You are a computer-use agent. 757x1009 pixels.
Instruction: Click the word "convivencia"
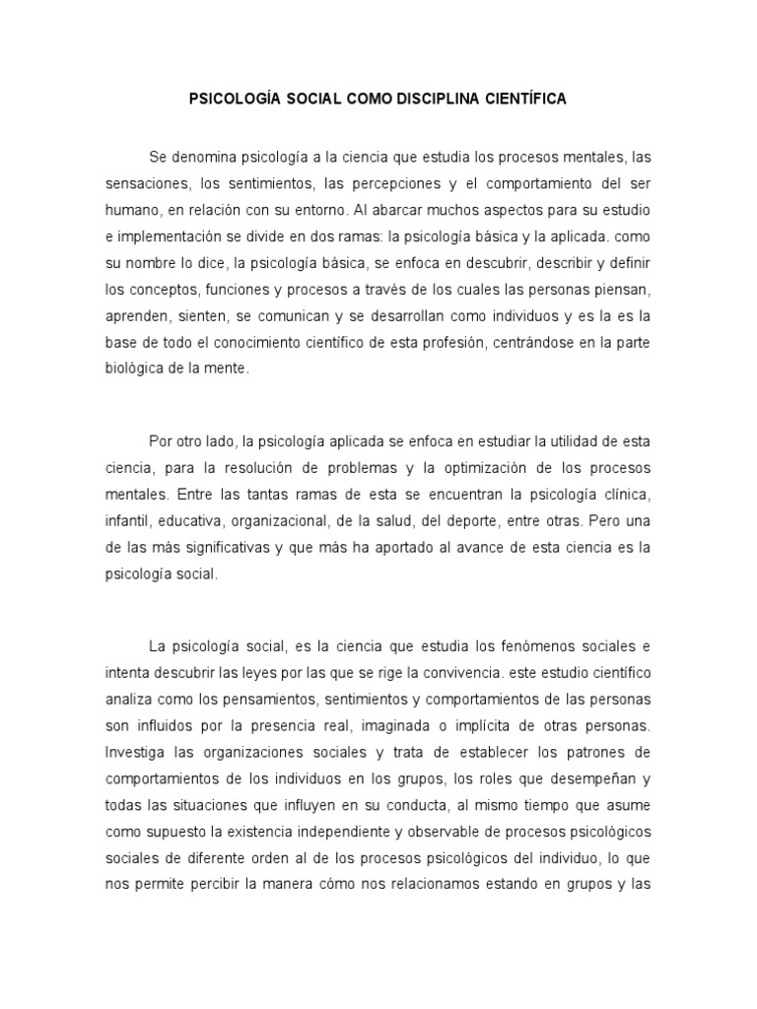pos(452,672)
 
